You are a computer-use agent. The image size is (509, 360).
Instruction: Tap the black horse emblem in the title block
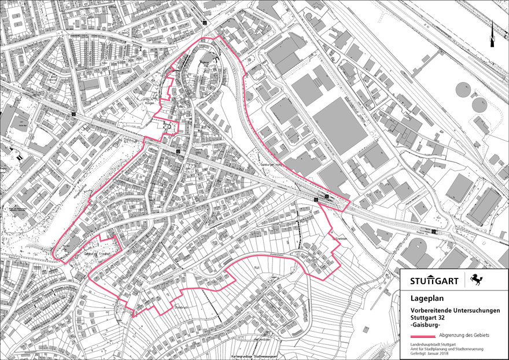(x=477, y=281)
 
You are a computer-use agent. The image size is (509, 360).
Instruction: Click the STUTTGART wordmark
(x=434, y=281)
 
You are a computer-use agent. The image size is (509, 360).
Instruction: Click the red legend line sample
(x=423, y=336)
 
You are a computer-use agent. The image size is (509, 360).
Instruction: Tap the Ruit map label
(x=257, y=268)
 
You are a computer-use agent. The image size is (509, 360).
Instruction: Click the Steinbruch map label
(x=182, y=307)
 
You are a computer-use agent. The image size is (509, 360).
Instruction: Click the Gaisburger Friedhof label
(x=97, y=254)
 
